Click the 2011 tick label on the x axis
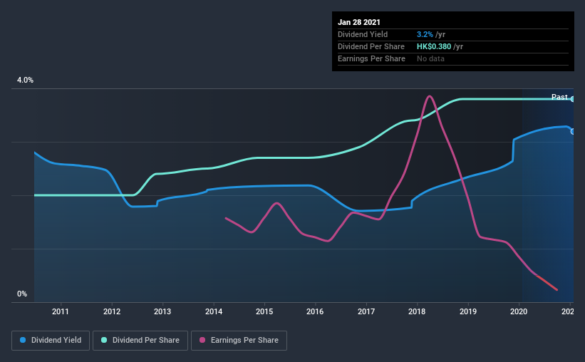click(61, 311)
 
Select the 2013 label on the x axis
click(162, 311)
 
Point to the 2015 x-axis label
click(264, 311)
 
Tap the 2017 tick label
click(366, 311)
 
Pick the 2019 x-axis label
click(468, 311)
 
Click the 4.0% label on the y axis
click(25, 81)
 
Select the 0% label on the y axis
click(22, 294)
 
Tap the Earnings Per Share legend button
click(239, 341)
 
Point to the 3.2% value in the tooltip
click(425, 34)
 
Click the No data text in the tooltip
click(430, 58)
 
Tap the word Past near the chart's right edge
click(559, 97)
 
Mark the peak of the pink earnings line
click(429, 96)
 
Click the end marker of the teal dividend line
click(573, 99)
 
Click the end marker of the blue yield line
click(573, 131)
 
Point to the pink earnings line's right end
click(556, 290)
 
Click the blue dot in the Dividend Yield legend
click(23, 341)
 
